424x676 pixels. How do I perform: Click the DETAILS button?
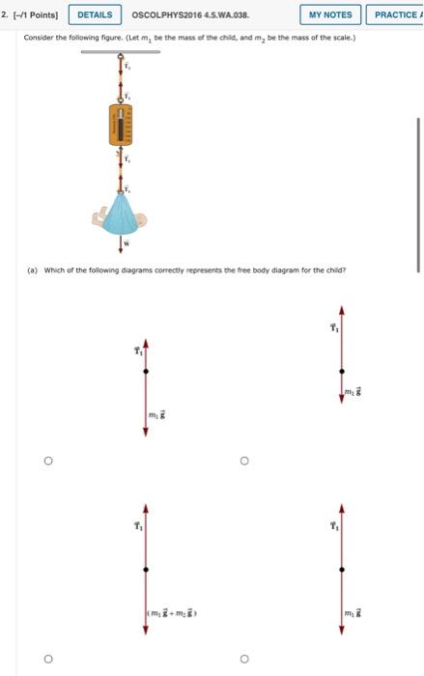point(94,14)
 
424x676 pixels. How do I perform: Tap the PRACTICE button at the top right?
point(397,14)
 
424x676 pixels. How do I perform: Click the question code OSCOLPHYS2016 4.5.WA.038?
point(183,14)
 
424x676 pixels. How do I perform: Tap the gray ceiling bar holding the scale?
point(120,51)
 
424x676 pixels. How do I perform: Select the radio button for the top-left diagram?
point(46,462)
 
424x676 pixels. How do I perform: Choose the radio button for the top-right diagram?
point(244,462)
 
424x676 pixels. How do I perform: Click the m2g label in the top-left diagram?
point(157,414)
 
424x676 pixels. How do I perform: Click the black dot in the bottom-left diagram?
point(146,570)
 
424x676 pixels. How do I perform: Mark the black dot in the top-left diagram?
point(146,369)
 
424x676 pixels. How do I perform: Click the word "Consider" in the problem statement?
point(38,39)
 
